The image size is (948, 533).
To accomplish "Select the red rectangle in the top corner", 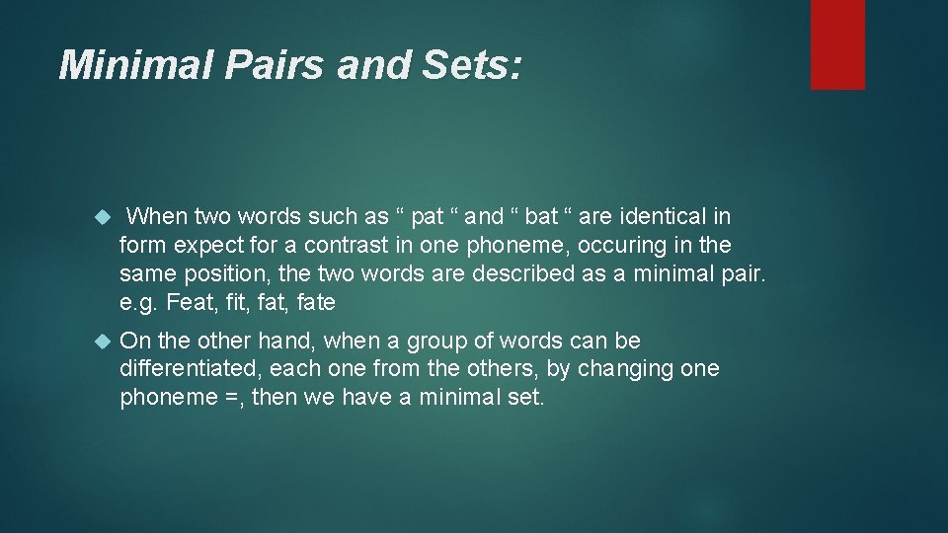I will pyautogui.click(x=837, y=44).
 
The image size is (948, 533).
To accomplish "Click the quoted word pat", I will pyautogui.click(x=427, y=215).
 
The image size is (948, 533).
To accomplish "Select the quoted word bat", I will pyautogui.click(x=543, y=215).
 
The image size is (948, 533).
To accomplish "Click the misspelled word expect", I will pyautogui.click(x=200, y=244).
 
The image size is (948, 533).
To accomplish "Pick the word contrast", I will pyautogui.click(x=343, y=244).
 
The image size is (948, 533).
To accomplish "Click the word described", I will pyautogui.click(x=519, y=272).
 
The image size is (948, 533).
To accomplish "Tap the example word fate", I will pyautogui.click(x=314, y=301).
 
